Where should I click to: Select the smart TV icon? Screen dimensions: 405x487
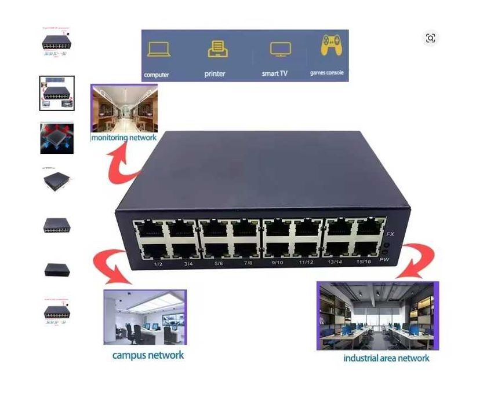click(x=281, y=49)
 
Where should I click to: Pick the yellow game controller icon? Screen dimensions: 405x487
click(x=330, y=46)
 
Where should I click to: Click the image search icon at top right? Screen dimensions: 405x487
click(x=430, y=38)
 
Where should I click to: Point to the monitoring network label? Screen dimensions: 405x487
click(x=123, y=138)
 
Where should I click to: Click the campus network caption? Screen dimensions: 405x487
click(x=148, y=355)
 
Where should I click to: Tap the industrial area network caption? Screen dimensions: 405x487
click(x=386, y=358)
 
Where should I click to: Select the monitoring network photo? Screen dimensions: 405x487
click(x=124, y=109)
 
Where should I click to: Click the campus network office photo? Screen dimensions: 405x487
click(x=145, y=317)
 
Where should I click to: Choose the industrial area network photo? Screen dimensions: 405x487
click(x=377, y=316)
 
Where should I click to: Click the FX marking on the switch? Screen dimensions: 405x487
click(x=391, y=234)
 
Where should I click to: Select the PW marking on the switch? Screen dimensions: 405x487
click(x=383, y=260)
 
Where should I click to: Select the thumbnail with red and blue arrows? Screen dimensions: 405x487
click(x=57, y=138)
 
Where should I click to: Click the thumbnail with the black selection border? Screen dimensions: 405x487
click(x=57, y=93)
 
